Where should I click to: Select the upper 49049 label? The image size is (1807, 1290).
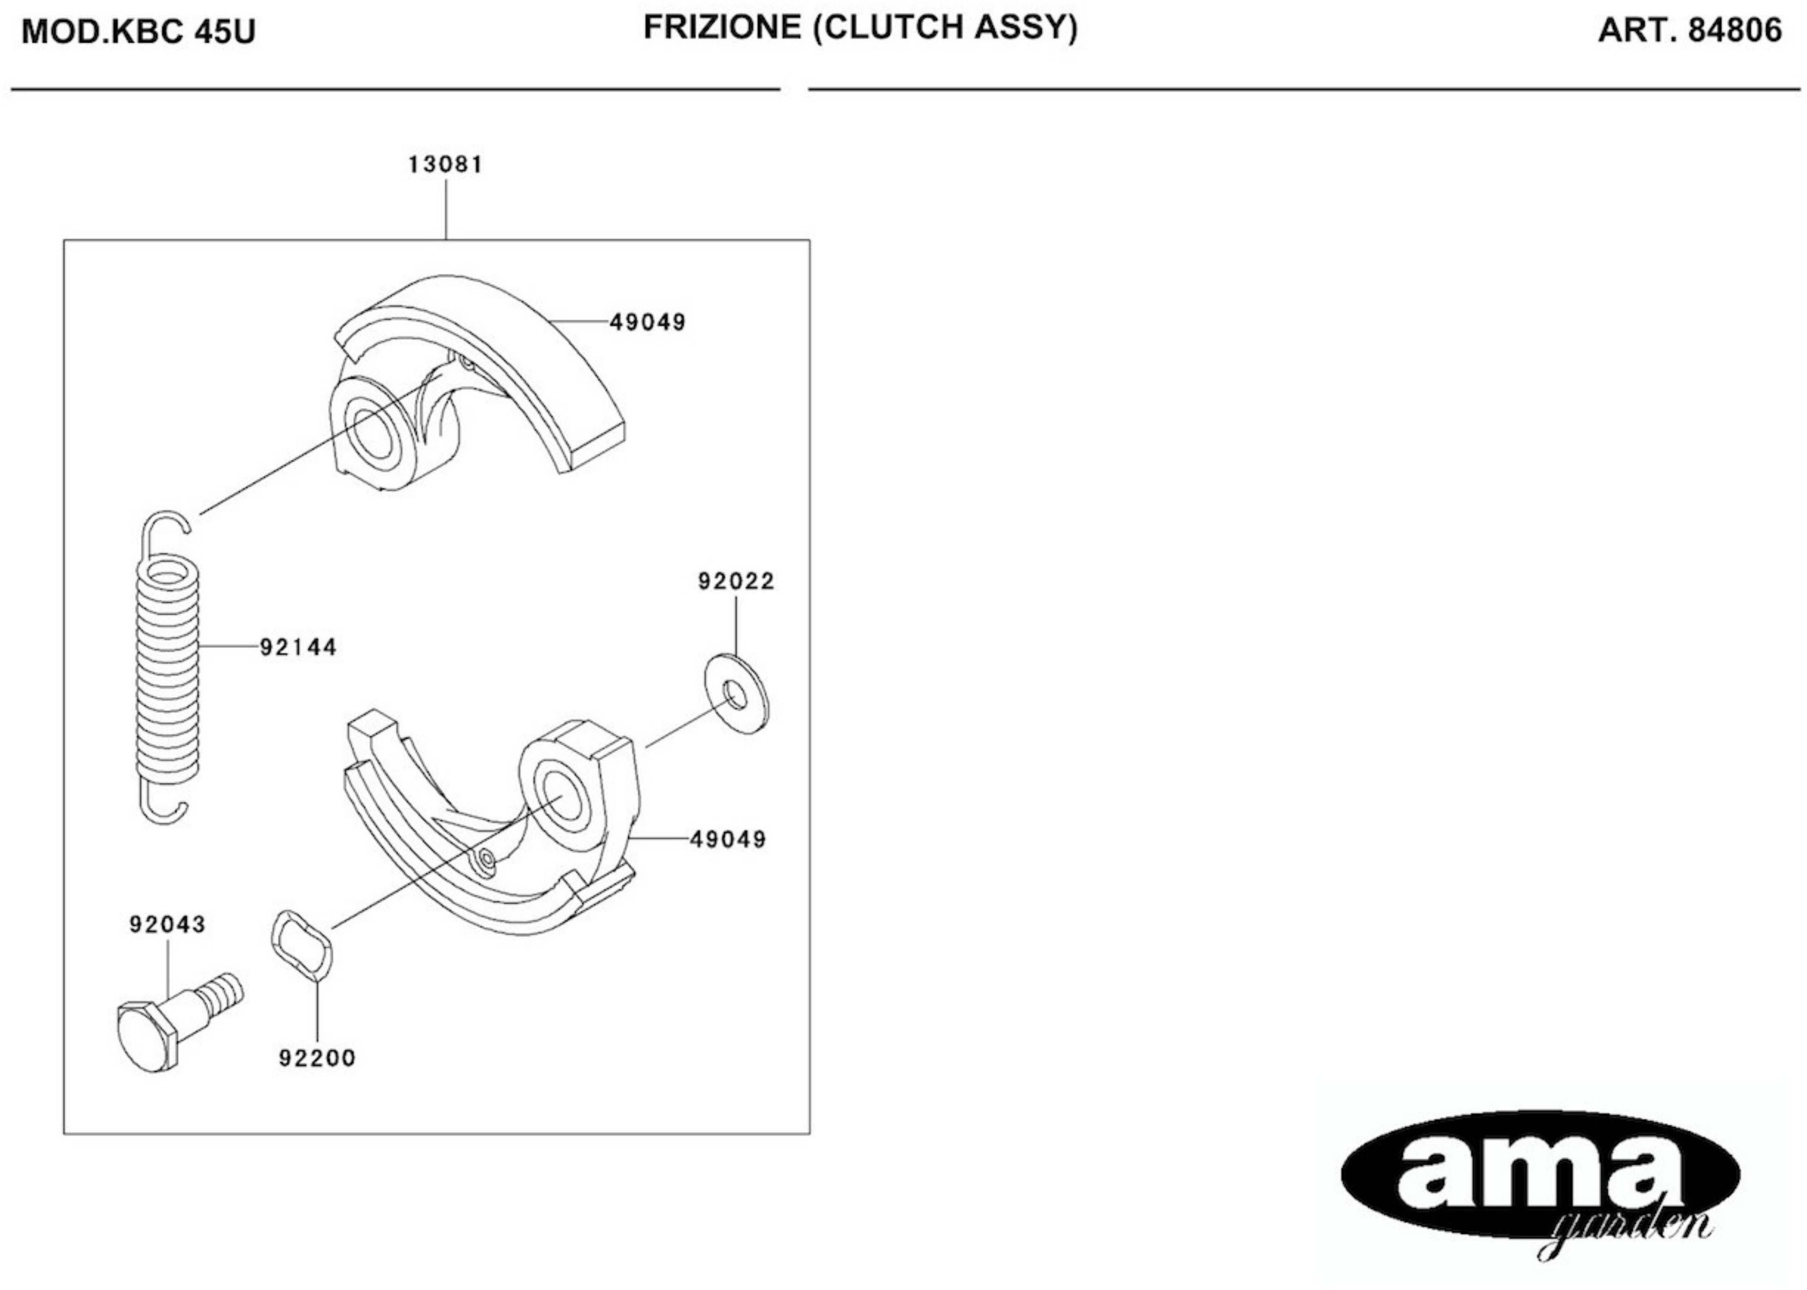pos(647,322)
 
